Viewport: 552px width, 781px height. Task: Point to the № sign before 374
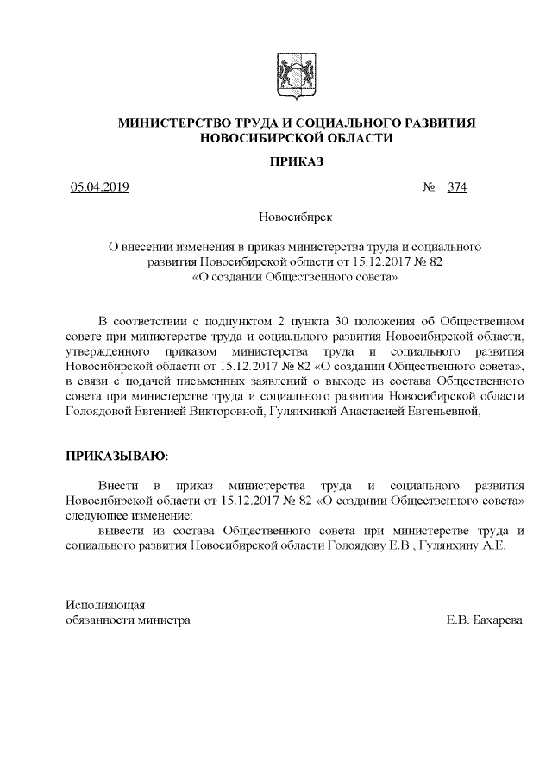pyautogui.click(x=429, y=188)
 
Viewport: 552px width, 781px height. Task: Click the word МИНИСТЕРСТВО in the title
pyautogui.click(x=173, y=124)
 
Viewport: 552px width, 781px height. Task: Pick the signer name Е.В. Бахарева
pyautogui.click(x=485, y=620)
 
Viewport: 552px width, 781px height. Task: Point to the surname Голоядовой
pyautogui.click(x=102, y=411)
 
